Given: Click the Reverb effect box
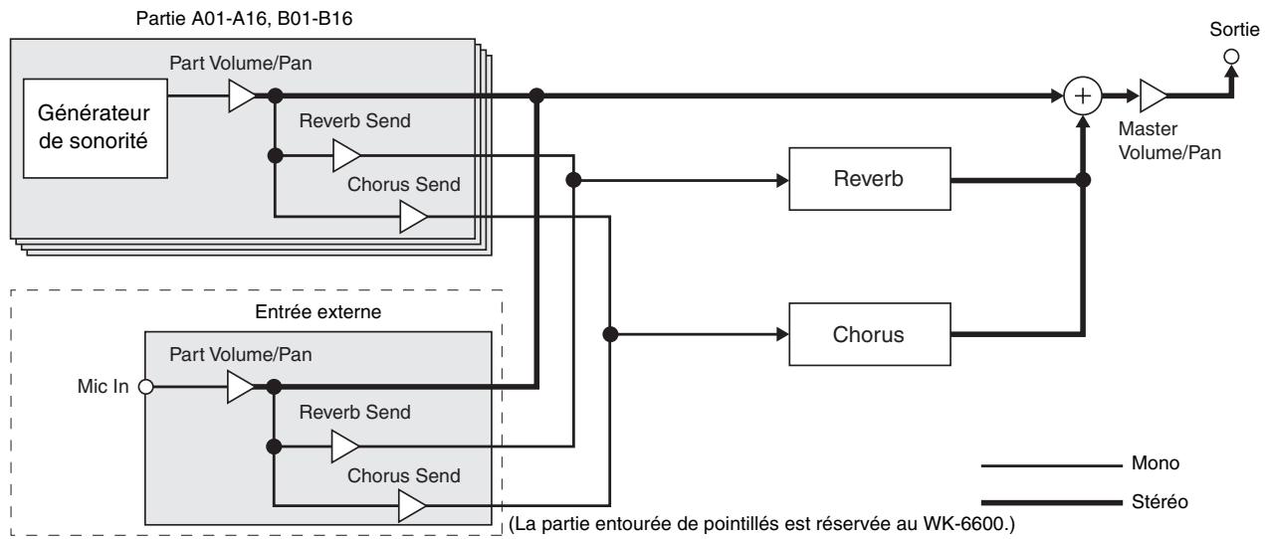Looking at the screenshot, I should [x=869, y=181].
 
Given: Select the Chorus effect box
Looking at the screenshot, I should [x=869, y=334].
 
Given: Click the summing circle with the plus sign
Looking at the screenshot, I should [x=1081, y=96].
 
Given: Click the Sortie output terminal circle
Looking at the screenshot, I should [x=1232, y=58].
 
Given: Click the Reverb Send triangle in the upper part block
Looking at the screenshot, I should [x=347, y=156].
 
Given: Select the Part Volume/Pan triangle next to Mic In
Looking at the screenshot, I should [x=242, y=388].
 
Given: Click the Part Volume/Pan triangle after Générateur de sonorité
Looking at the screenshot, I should [x=242, y=96].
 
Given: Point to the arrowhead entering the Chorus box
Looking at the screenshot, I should [x=781, y=334].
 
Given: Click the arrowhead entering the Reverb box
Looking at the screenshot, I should [x=781, y=181].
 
